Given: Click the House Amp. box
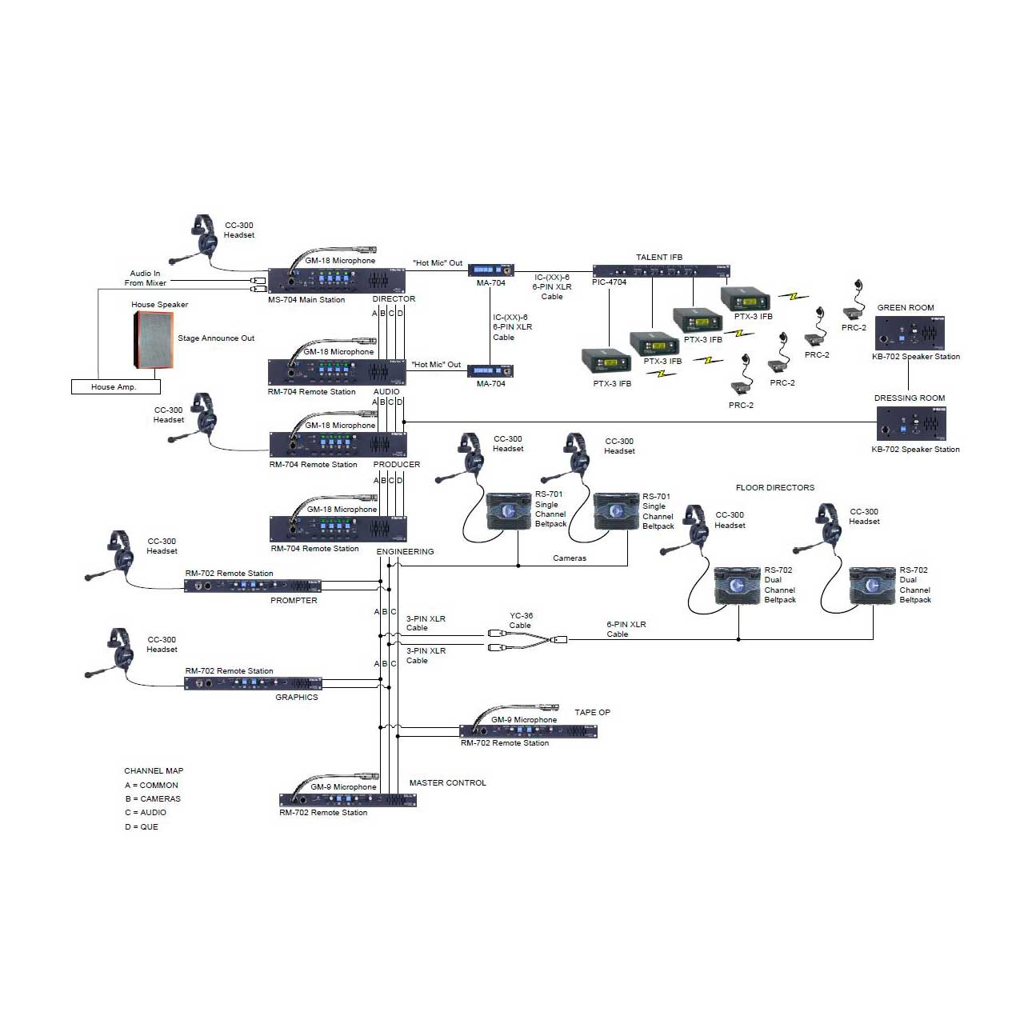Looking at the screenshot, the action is coord(116,386).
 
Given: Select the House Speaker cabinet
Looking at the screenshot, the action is coord(153,340).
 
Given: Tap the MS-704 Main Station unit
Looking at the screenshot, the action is coord(336,281).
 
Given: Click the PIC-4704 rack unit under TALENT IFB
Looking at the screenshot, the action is coord(661,271).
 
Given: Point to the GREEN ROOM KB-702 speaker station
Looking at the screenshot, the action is coord(910,333).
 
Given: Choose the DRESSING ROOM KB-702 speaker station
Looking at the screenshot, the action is coord(911,423).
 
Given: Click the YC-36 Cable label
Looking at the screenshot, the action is coord(521,620).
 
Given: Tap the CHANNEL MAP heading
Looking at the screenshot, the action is coord(154,770).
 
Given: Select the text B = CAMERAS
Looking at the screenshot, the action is coord(153,798).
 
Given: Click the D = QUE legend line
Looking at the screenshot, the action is coord(142,827).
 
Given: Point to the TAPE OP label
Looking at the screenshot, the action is coord(592,712).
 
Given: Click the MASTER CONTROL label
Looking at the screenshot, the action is coord(447,782).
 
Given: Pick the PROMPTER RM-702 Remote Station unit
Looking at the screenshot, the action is coord(253,586).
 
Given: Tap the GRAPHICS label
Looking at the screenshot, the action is coord(297,697).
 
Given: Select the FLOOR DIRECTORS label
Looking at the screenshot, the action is coord(774,487).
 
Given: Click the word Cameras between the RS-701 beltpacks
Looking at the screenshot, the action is coord(569,558).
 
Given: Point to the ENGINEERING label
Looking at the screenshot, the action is coord(405,551).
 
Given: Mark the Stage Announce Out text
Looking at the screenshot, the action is coord(216,338).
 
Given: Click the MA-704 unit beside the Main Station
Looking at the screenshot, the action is coord(490,270).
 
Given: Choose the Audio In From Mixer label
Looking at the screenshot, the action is coord(145,278).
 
